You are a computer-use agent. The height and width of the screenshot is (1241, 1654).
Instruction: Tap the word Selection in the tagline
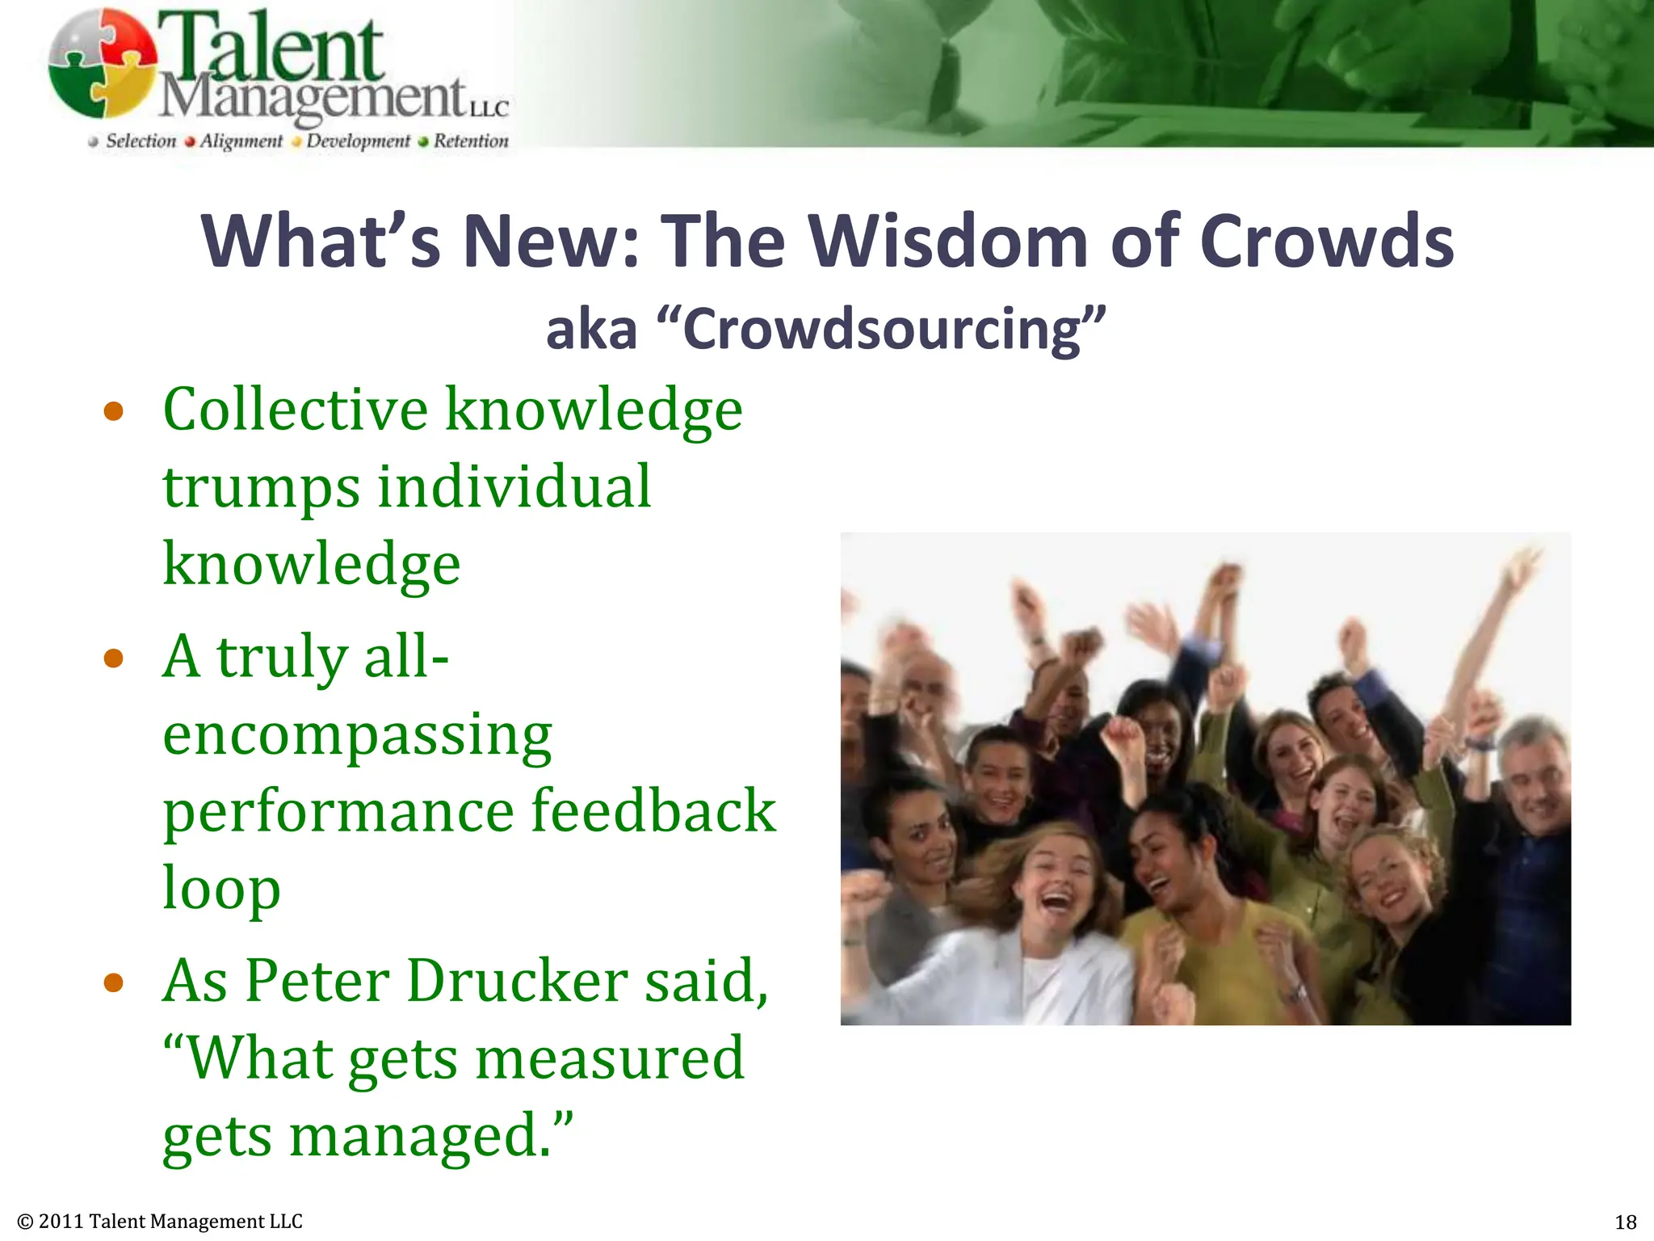click(x=141, y=141)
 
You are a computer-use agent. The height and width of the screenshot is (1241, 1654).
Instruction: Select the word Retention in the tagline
click(x=471, y=141)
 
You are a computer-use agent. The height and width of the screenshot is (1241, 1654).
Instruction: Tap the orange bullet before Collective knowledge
click(x=114, y=412)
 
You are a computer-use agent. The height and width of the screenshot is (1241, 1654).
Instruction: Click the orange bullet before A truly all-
click(x=114, y=658)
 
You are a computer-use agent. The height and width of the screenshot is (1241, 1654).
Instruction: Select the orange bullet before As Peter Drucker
click(x=114, y=982)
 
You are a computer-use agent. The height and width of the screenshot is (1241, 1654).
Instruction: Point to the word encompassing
click(x=357, y=735)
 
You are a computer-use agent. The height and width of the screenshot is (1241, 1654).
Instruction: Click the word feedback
click(x=653, y=810)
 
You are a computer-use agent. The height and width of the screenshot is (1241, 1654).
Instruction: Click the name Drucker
click(x=517, y=981)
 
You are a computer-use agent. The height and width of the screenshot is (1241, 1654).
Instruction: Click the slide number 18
click(x=1625, y=1222)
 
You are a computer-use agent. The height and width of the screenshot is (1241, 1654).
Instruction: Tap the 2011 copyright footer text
click(x=160, y=1222)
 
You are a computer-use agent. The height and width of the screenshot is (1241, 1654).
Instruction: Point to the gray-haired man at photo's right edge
click(x=1534, y=784)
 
